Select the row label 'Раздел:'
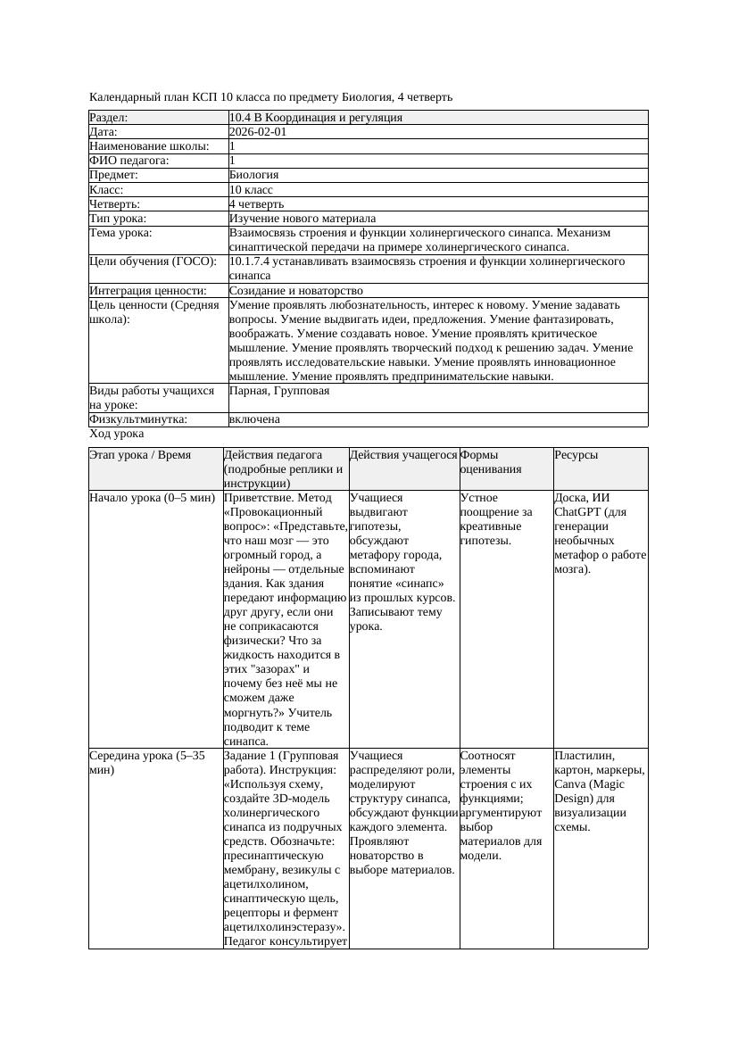pyautogui.click(x=109, y=118)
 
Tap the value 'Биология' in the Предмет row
pyautogui.click(x=253, y=175)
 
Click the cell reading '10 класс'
pyautogui.click(x=251, y=190)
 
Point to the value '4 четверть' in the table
pyautogui.click(x=256, y=204)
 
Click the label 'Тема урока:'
pyautogui.click(x=120, y=233)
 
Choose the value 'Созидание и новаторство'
pyautogui.click(x=295, y=291)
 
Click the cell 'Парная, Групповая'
pyautogui.click(x=278, y=391)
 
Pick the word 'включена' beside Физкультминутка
pyautogui.click(x=254, y=419)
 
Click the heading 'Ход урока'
pyautogui.click(x=117, y=434)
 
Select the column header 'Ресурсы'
pyautogui.click(x=576, y=455)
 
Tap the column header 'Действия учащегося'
pyautogui.click(x=403, y=455)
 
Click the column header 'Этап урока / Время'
pyautogui.click(x=140, y=455)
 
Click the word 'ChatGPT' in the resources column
pyautogui.click(x=579, y=512)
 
